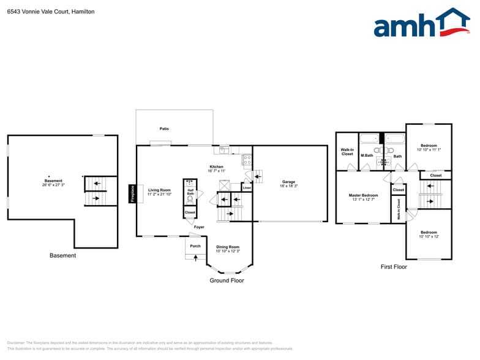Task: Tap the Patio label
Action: (x=164, y=129)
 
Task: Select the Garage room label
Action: (x=288, y=182)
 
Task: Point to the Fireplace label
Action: (x=132, y=193)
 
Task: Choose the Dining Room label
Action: (x=228, y=247)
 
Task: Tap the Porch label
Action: (x=195, y=246)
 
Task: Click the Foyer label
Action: (x=199, y=227)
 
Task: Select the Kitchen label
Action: (x=216, y=167)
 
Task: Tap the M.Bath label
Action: (x=367, y=156)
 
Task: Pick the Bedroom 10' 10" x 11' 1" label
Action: (x=429, y=146)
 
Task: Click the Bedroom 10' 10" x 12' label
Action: (x=429, y=233)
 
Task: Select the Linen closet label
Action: (x=246, y=187)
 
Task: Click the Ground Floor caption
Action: (x=227, y=280)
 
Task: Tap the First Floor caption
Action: (x=394, y=267)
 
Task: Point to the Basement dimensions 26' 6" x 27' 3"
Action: (x=53, y=184)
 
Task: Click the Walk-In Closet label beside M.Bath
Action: (x=347, y=152)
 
